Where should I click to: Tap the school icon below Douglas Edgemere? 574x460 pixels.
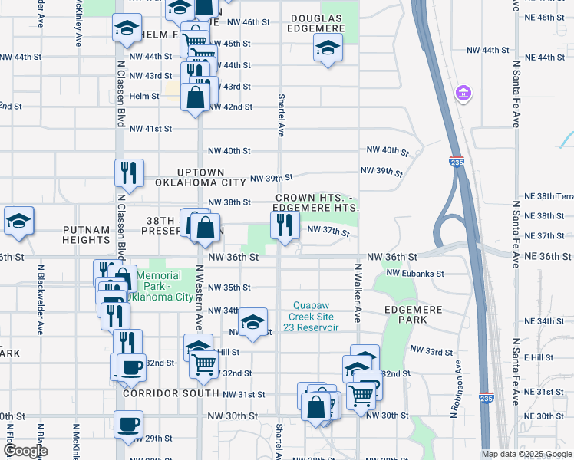click(x=328, y=50)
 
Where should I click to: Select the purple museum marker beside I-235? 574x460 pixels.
click(x=463, y=94)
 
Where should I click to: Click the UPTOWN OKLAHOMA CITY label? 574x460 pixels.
click(x=200, y=177)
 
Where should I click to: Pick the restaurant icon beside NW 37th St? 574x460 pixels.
click(x=285, y=226)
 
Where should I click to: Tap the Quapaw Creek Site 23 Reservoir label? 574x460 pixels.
click(x=315, y=316)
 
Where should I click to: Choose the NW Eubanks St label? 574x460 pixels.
click(x=415, y=273)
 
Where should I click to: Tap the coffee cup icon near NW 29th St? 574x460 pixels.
click(x=128, y=424)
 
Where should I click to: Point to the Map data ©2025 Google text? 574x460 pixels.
click(x=526, y=454)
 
